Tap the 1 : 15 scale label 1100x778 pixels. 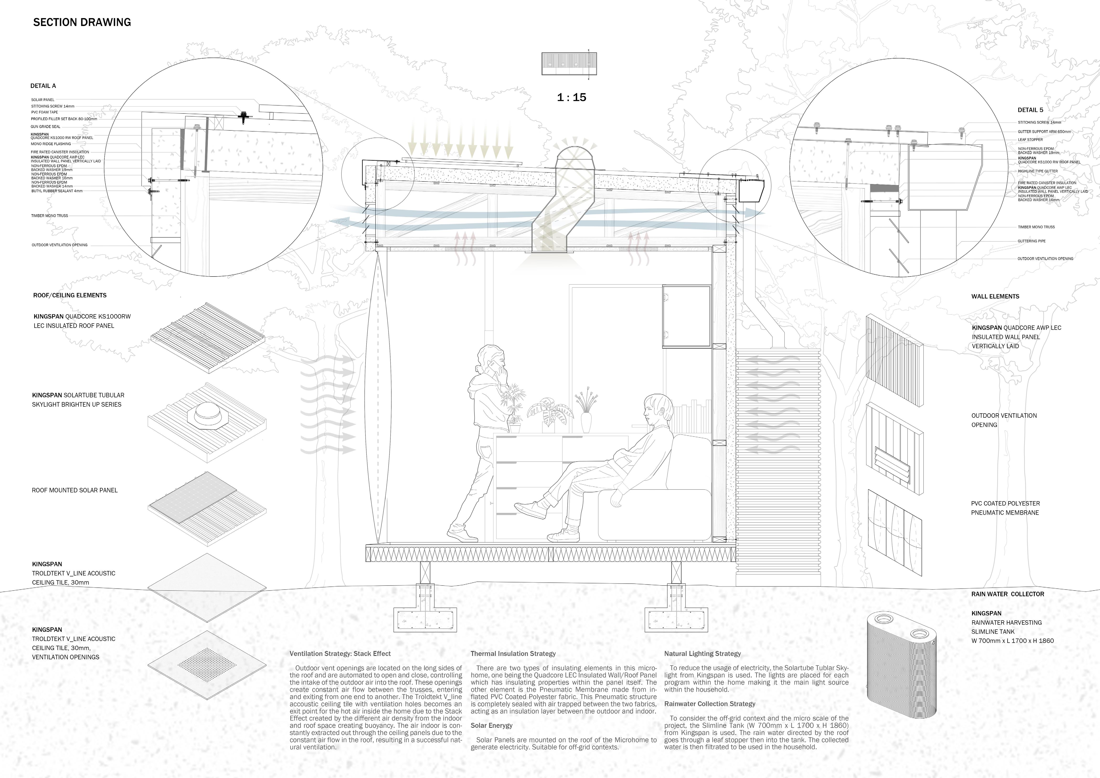[572, 97]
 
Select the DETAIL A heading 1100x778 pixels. [43, 86]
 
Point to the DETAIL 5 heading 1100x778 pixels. [1030, 110]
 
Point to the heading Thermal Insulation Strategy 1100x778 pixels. [513, 653]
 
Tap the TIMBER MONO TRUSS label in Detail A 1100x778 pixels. [49, 216]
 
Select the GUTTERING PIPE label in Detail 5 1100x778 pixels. [1031, 241]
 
